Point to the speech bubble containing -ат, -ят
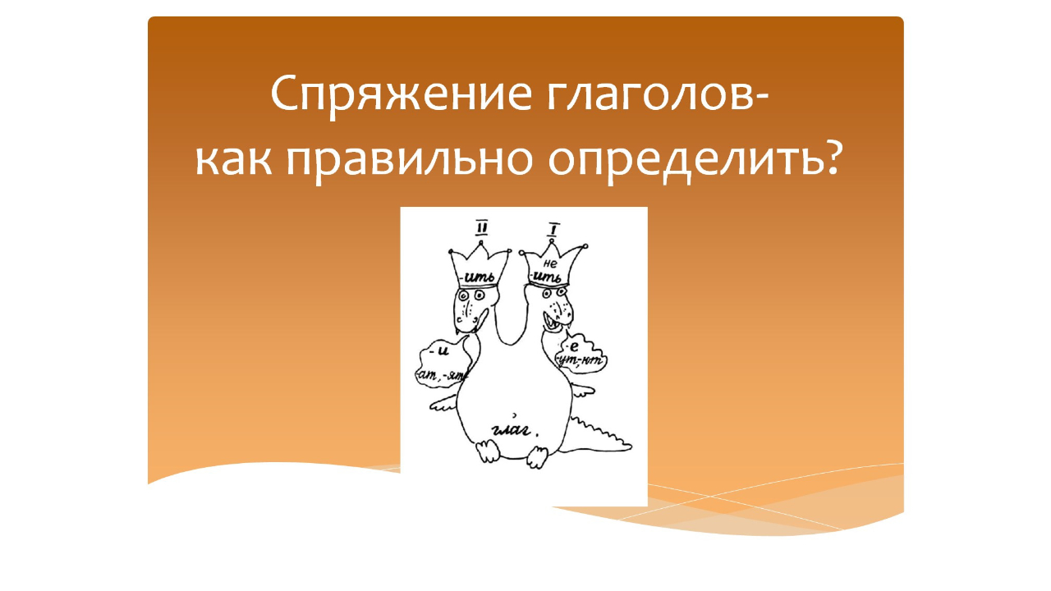443,365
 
